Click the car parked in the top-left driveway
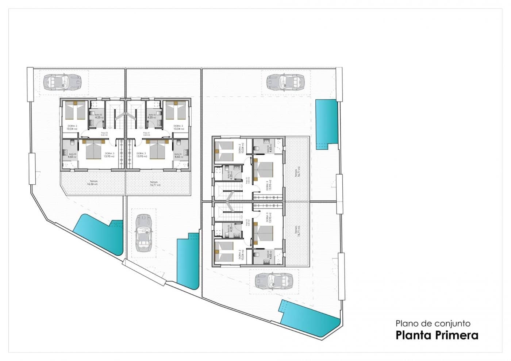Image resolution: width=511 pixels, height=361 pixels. (x=62, y=81)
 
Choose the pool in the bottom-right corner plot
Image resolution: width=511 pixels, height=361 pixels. (x=310, y=318)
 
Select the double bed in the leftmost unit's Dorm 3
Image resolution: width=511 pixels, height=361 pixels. (x=93, y=150)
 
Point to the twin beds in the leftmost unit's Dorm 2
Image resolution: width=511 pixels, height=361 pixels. (x=75, y=110)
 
